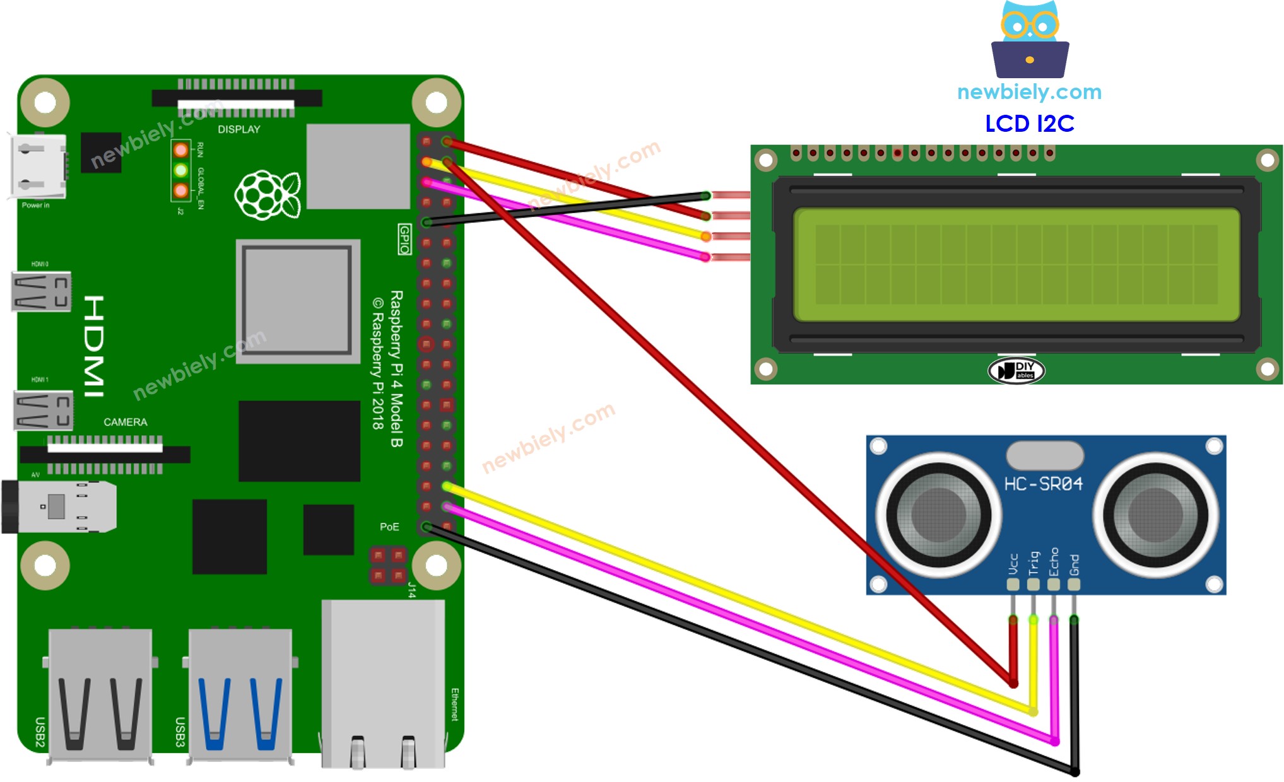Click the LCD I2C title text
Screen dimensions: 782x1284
1029,124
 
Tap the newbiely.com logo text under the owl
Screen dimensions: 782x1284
1029,92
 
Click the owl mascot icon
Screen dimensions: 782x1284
1030,39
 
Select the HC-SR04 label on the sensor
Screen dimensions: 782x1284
1043,484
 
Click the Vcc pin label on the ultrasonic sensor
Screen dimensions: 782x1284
1013,563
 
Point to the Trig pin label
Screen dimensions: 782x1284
1033,563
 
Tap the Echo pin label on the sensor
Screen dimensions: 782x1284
1053,561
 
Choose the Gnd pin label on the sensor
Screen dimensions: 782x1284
1074,564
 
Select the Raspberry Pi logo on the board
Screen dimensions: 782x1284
268,195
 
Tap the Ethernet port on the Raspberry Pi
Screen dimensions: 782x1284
383,684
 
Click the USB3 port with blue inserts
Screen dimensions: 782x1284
240,694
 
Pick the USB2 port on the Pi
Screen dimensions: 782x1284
100,694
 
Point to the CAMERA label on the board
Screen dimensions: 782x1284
125,422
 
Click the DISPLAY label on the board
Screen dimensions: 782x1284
239,129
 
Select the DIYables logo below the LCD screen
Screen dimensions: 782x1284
1016,370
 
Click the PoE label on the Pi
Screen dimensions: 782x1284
389,527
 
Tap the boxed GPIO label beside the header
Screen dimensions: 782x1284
404,239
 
